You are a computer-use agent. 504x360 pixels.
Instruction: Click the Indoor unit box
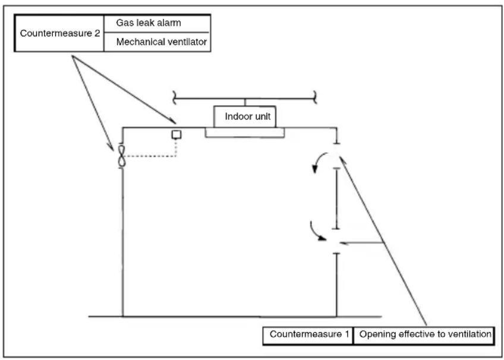245,116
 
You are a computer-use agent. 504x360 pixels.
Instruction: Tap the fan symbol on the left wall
121,156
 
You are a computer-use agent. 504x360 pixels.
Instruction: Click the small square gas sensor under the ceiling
177,134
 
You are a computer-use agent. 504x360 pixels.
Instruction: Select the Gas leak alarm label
149,23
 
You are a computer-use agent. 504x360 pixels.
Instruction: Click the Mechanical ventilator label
161,42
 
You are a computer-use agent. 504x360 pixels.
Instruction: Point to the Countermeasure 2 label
60,33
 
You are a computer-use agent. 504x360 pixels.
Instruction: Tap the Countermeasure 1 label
309,334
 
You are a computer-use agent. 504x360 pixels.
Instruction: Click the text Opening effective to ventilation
426,334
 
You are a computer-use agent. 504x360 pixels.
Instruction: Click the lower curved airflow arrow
316,232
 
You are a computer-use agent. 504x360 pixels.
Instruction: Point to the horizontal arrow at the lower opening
361,243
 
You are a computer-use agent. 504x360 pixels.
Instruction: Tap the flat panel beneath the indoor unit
245,132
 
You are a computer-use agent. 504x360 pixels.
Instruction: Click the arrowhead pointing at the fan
111,147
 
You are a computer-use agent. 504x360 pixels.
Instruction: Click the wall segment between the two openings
336,198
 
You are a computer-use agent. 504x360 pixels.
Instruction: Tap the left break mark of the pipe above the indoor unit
174,97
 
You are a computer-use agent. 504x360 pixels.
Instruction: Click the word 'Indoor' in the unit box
235,116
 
